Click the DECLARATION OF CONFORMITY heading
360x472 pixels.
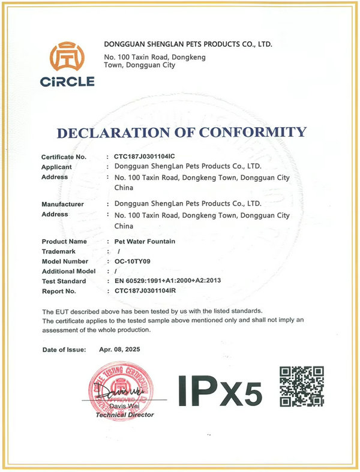(182, 132)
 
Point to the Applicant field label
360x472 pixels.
(57, 167)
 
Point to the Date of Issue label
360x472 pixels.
(64, 349)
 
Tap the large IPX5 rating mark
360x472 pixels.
(220, 392)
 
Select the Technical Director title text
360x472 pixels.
(124, 414)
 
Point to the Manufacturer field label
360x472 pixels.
(62, 204)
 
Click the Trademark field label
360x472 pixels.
(59, 251)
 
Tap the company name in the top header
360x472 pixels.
(188, 44)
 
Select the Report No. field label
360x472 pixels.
(59, 291)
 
